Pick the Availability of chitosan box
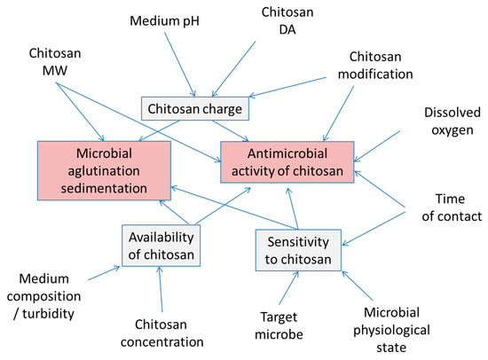(161, 245)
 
